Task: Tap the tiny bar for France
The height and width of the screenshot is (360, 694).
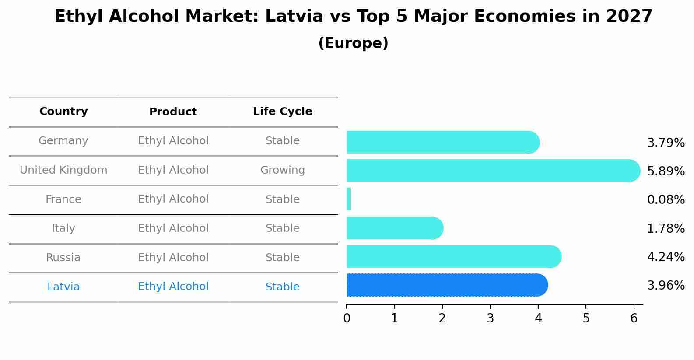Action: tap(348, 199)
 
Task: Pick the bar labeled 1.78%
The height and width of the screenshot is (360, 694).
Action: tap(394, 228)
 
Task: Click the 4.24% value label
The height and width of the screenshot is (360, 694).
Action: tap(666, 257)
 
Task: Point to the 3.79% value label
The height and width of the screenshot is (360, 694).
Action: tap(666, 143)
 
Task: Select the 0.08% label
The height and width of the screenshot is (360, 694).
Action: tap(666, 200)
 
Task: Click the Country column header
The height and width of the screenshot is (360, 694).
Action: tap(63, 112)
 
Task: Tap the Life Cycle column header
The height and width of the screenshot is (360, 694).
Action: tap(282, 112)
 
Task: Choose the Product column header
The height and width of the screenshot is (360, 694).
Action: tap(173, 112)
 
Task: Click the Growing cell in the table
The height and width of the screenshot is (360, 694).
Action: tap(282, 170)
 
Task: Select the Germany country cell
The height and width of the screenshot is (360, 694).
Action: tap(63, 141)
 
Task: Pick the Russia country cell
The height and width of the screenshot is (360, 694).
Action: tap(63, 258)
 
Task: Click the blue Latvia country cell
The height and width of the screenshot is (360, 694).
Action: tap(63, 287)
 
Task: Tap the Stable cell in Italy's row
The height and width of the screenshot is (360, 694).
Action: tap(282, 228)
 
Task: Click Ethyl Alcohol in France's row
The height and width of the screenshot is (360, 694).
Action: tap(173, 199)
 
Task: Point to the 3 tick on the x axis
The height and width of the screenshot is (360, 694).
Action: tap(490, 318)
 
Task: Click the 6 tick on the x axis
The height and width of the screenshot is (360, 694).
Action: tap(634, 318)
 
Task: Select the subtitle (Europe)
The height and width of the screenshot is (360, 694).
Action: tap(353, 43)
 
